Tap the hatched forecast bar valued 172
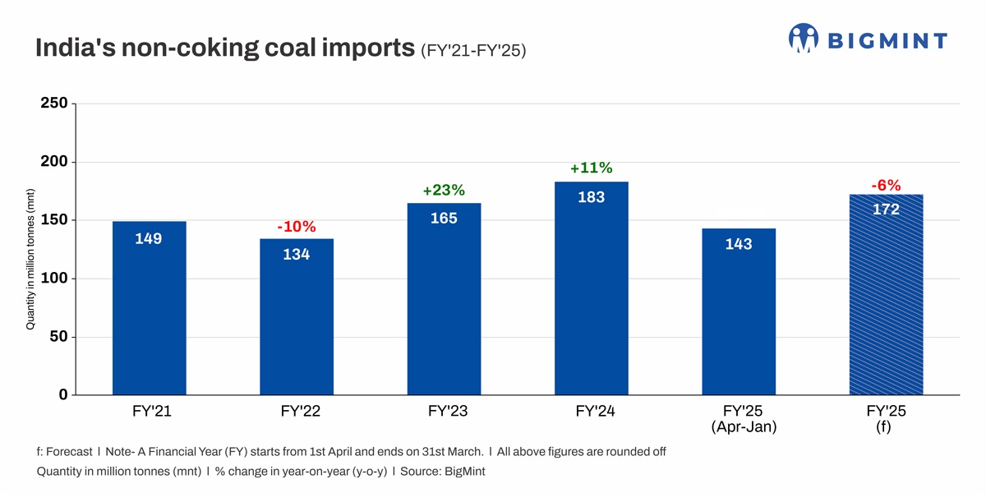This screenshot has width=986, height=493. click(886, 296)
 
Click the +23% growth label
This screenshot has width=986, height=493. click(444, 191)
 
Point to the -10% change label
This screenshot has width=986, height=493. click(296, 227)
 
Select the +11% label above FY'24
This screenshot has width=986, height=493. click(592, 168)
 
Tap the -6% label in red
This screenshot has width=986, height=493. click(886, 186)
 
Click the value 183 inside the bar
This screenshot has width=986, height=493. click(592, 197)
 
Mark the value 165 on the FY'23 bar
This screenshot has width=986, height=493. click(444, 219)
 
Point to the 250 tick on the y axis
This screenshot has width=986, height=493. click(53, 104)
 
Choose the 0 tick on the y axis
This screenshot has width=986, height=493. click(62, 395)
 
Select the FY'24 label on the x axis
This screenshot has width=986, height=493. click(592, 412)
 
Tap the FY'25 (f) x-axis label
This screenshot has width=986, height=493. click(886, 419)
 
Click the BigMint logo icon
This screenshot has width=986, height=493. click(804, 39)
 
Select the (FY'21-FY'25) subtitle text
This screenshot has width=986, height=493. click(473, 52)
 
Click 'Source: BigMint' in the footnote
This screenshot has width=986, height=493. click(443, 472)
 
